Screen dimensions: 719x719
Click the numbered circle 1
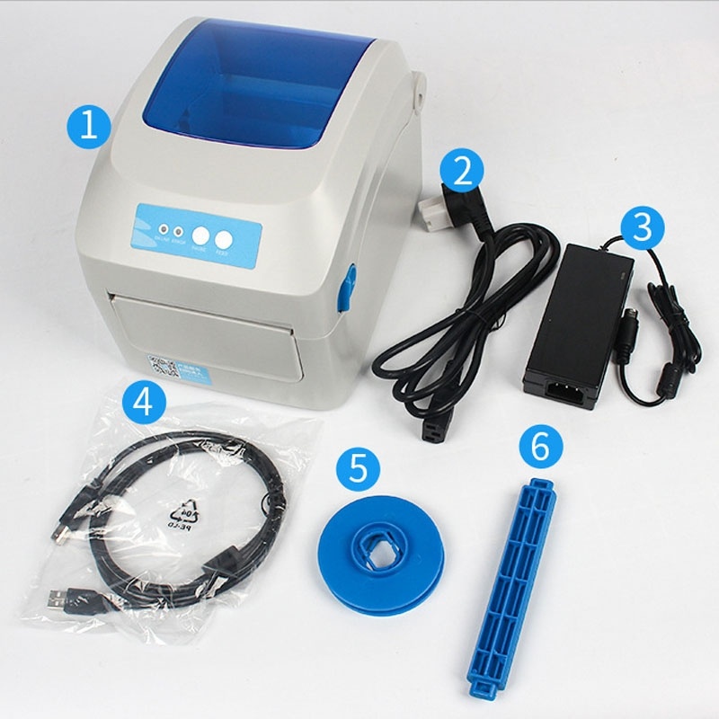pyautogui.click(x=88, y=127)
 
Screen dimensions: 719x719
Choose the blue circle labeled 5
pyautogui.click(x=359, y=468)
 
